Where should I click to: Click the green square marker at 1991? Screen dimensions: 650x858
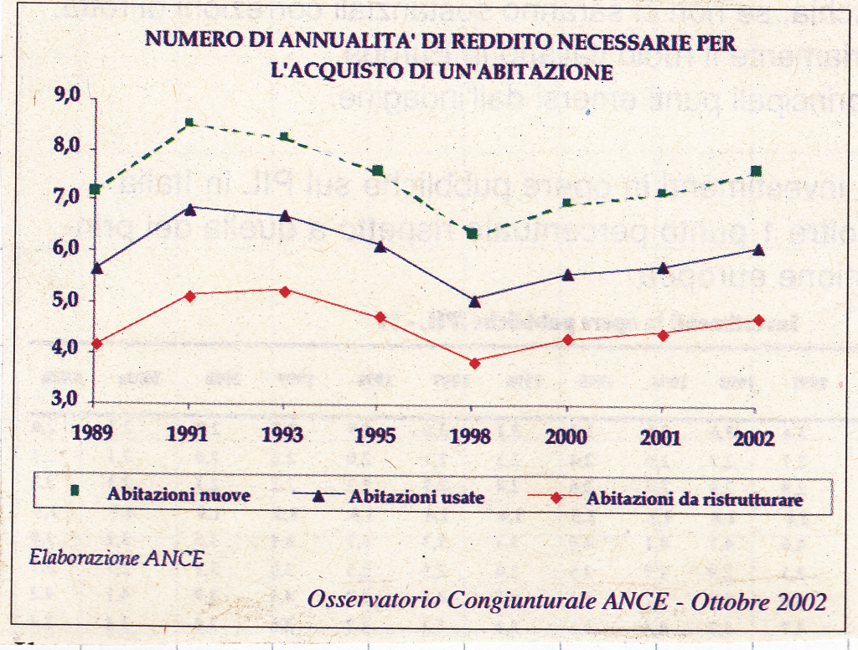pyautogui.click(x=190, y=123)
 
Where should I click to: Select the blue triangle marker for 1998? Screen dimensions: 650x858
pyautogui.click(x=474, y=301)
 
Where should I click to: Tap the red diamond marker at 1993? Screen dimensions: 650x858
pyautogui.click(x=285, y=291)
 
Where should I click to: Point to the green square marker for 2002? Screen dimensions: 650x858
pyautogui.click(x=756, y=172)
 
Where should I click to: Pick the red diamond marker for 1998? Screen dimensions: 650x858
pyautogui.click(x=474, y=363)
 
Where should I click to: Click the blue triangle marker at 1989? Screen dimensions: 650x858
pyautogui.click(x=96, y=268)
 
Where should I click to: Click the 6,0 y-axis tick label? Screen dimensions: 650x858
pyautogui.click(x=65, y=248)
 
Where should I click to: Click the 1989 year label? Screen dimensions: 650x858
pyautogui.click(x=93, y=437)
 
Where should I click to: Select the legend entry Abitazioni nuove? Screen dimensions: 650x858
pyautogui.click(x=178, y=493)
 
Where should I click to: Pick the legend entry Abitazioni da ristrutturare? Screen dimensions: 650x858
pyautogui.click(x=695, y=499)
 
